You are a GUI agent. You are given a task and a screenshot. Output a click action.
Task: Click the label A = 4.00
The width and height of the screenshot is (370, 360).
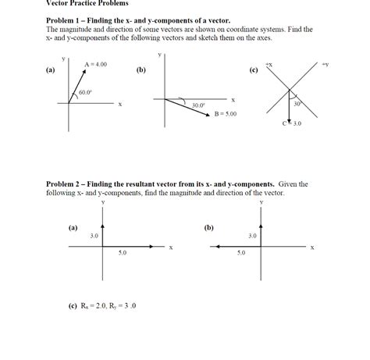click(x=95, y=64)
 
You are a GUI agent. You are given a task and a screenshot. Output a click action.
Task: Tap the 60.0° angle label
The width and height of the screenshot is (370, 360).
click(x=85, y=92)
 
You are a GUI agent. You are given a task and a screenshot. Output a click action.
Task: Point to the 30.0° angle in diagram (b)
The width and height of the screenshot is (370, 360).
click(x=198, y=104)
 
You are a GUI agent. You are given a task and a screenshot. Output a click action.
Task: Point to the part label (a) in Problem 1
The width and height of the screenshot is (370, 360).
click(x=51, y=70)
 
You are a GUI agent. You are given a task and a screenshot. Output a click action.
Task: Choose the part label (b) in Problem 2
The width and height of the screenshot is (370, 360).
click(x=208, y=227)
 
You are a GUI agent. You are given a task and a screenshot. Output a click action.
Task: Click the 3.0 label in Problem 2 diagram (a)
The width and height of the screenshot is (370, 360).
click(x=94, y=235)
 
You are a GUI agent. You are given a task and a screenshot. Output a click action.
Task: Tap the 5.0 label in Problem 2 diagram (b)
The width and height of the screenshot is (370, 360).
click(x=241, y=253)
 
